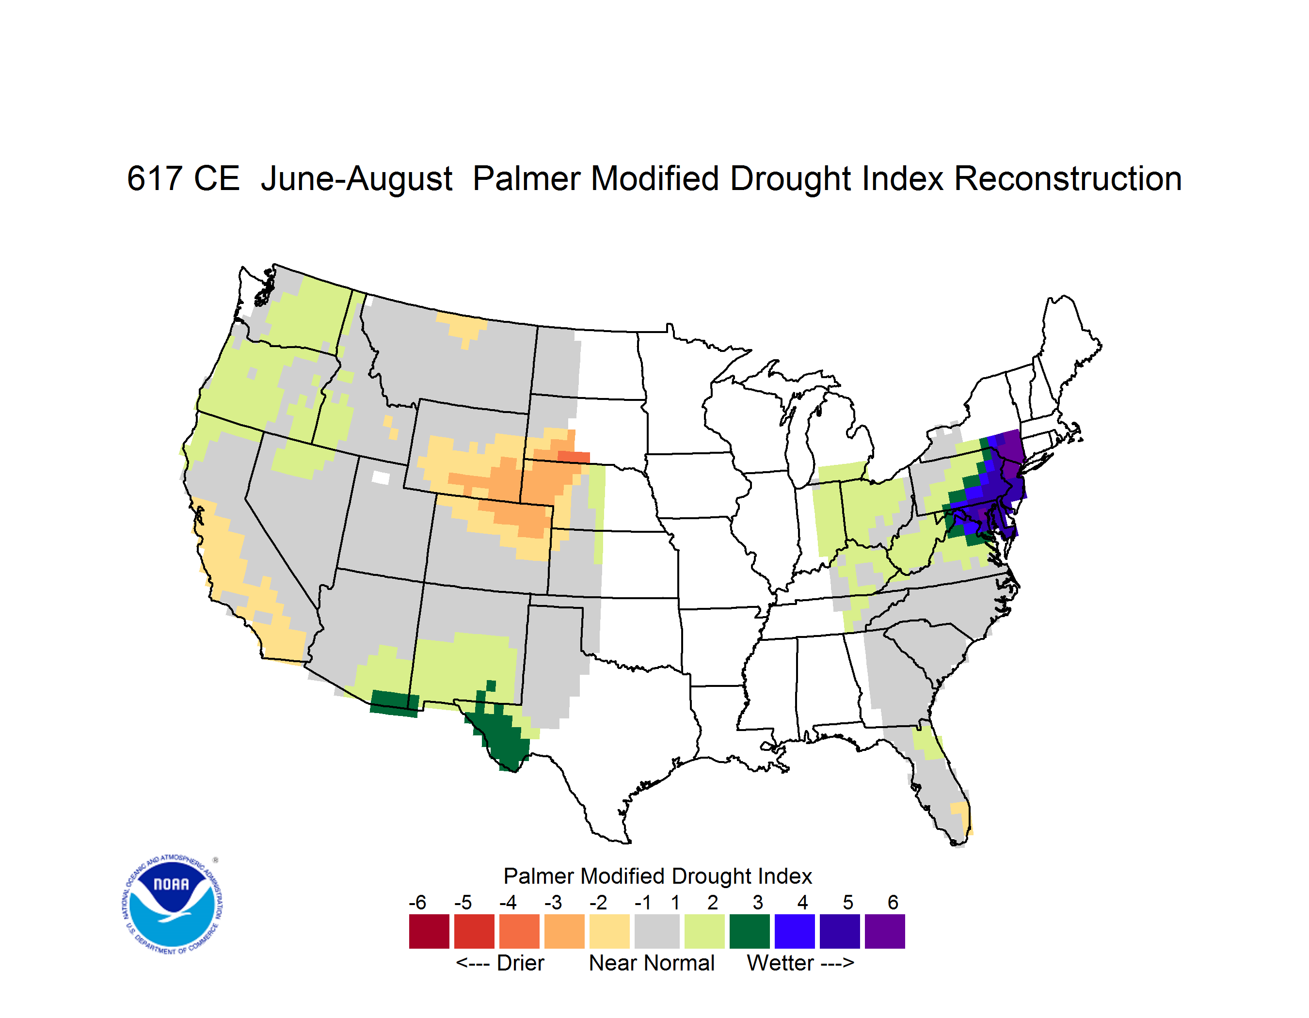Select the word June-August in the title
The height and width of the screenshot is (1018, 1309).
tap(357, 180)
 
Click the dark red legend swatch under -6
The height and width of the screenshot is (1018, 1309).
tap(429, 931)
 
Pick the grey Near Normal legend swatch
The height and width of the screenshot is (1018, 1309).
tap(657, 931)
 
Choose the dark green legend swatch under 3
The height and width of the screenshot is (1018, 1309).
tap(749, 931)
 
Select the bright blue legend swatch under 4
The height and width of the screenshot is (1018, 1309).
tap(794, 931)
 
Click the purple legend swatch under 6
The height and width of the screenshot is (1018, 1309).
tap(885, 931)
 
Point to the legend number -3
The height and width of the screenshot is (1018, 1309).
tap(553, 902)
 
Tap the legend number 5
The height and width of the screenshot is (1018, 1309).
tap(848, 902)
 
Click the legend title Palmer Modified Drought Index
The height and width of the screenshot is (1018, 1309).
tap(657, 876)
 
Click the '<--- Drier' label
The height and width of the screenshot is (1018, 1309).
tap(500, 963)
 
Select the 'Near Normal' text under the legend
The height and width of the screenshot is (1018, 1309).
tap(652, 963)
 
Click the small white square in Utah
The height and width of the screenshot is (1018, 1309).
tap(381, 477)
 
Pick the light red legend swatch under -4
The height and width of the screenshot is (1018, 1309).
tap(519, 931)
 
